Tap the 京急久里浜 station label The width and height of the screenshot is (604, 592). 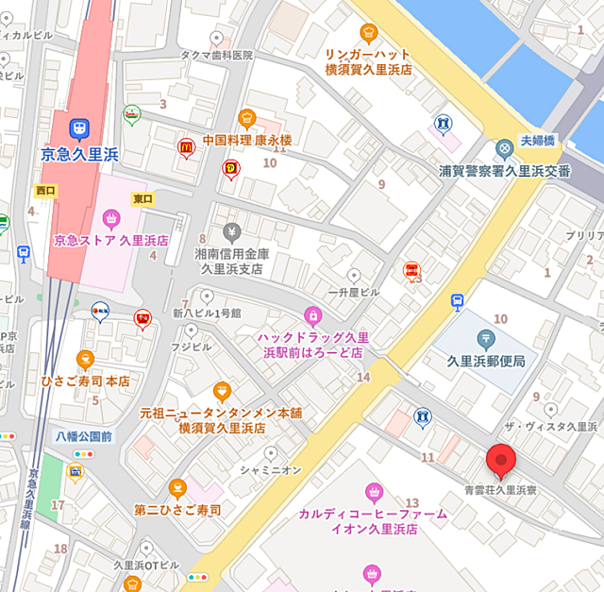pos(79,153)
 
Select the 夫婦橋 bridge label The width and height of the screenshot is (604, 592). pos(537,140)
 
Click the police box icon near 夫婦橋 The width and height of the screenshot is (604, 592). pos(505,148)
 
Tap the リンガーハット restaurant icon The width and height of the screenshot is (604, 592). pos(370,32)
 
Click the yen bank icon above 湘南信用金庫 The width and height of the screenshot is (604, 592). pos(231,231)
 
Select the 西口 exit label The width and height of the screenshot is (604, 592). pos(45,191)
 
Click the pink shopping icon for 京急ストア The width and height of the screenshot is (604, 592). pos(111,220)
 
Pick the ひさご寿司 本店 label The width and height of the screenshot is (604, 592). pos(85,381)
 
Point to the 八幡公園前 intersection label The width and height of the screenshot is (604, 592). pos(83,436)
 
